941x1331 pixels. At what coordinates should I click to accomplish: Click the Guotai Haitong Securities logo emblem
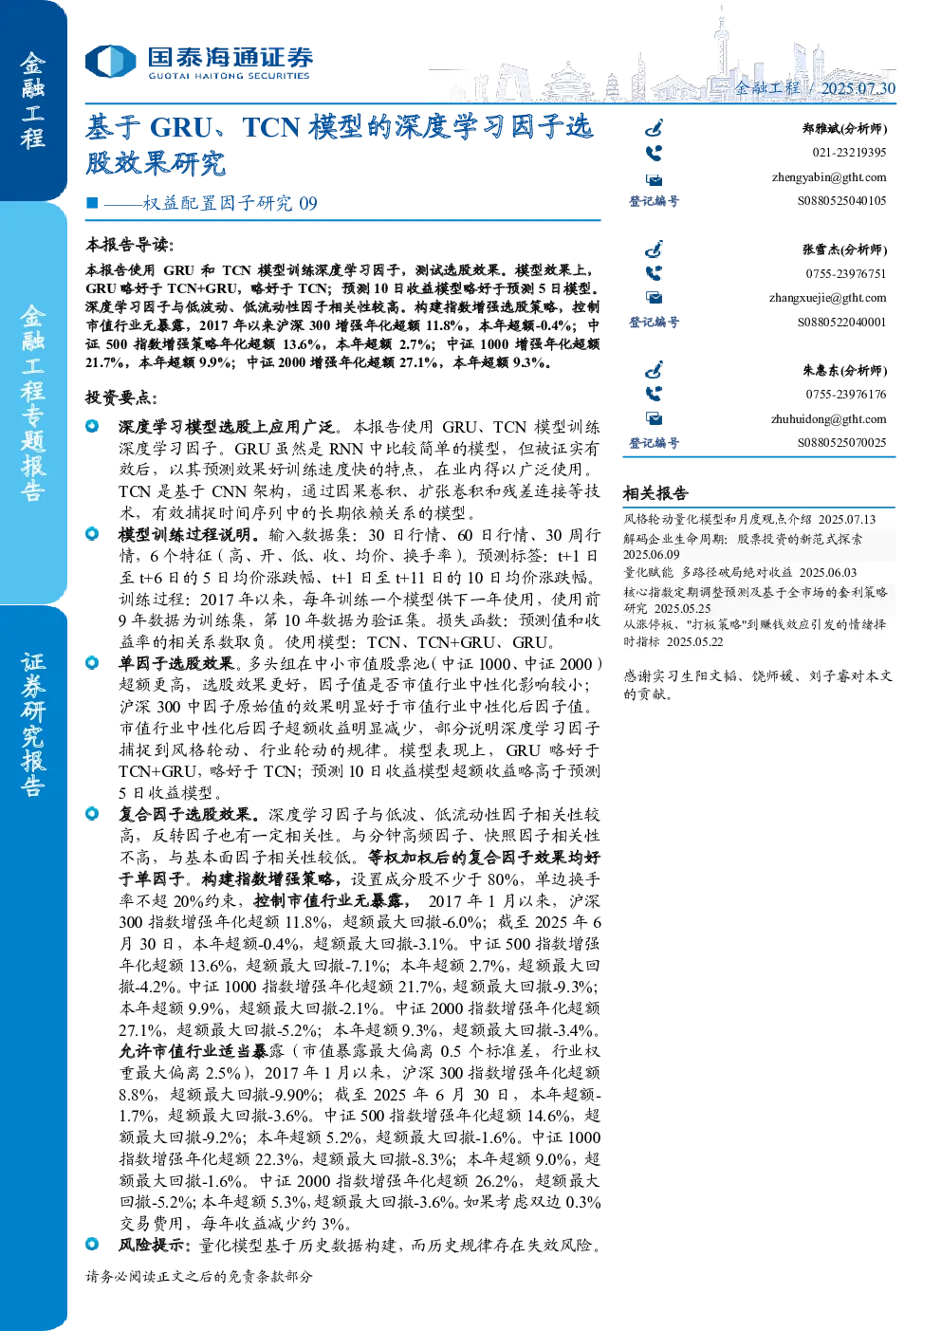(x=110, y=61)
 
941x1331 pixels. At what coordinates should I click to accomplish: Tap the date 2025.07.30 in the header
(x=858, y=88)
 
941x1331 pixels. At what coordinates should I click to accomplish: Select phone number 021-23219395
(x=849, y=153)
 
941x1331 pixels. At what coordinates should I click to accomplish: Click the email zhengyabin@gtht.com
(x=829, y=177)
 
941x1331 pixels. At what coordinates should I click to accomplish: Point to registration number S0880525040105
(x=841, y=201)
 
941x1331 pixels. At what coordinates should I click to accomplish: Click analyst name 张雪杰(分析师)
(x=845, y=250)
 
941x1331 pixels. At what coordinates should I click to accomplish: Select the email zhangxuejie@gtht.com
(x=827, y=298)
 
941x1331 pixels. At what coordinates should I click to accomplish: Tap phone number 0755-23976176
(x=845, y=395)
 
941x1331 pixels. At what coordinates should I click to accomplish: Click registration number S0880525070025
(x=841, y=443)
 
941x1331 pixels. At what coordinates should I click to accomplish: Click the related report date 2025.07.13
(x=846, y=519)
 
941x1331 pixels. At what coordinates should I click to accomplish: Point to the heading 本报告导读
(x=130, y=245)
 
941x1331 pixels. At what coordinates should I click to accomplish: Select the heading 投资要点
(x=121, y=397)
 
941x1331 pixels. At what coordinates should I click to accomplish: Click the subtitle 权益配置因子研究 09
(x=230, y=203)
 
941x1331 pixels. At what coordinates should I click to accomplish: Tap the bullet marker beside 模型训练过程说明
(x=92, y=534)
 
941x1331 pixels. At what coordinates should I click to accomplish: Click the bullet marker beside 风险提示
(x=92, y=1243)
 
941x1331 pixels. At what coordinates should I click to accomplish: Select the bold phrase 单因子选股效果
(x=176, y=663)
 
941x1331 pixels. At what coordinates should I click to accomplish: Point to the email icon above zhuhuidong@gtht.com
(x=655, y=419)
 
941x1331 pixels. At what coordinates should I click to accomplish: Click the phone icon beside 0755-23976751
(x=654, y=273)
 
